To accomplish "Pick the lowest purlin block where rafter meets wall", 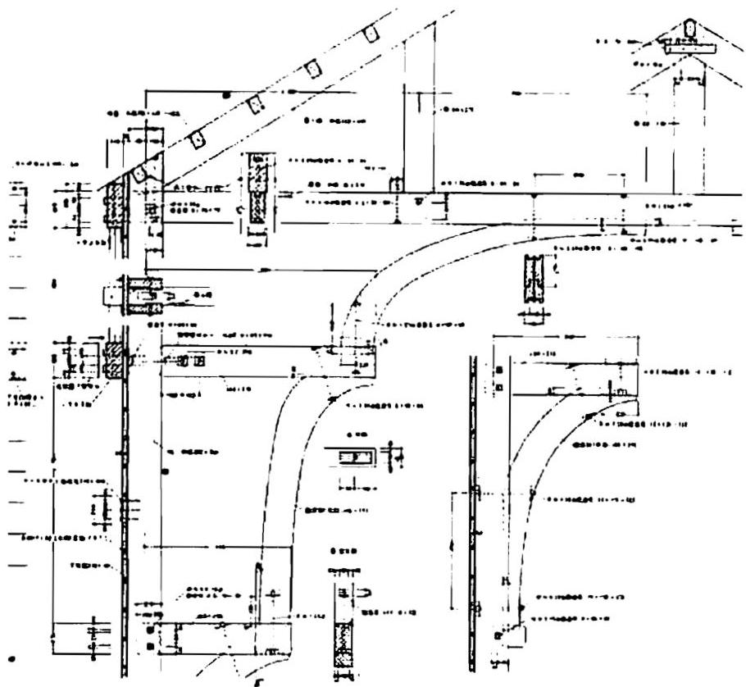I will [x=140, y=173].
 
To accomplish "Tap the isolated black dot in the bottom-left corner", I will [x=11, y=658].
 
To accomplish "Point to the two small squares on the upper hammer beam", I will [x=192, y=361].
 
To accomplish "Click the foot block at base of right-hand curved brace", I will [x=512, y=632].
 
